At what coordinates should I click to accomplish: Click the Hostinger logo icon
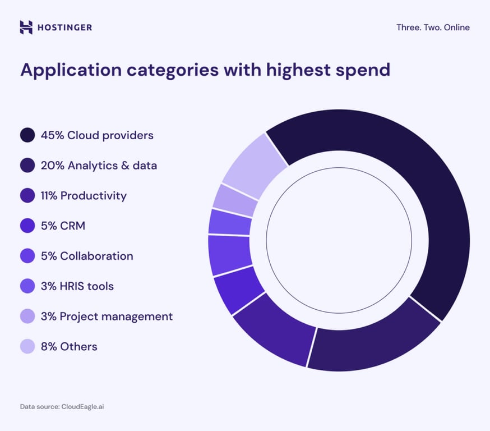click(x=26, y=27)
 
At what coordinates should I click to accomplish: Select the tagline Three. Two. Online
click(x=433, y=27)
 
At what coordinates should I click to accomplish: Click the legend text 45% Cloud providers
click(x=97, y=135)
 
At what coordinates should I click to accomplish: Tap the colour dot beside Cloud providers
click(x=27, y=135)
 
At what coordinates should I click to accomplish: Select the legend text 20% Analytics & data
click(x=99, y=166)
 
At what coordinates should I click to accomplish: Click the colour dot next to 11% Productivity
click(x=27, y=196)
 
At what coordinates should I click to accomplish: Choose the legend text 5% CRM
click(x=63, y=226)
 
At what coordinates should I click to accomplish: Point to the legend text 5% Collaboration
click(x=87, y=256)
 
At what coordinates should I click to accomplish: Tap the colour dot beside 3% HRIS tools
click(x=27, y=286)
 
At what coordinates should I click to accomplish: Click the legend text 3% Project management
click(x=107, y=317)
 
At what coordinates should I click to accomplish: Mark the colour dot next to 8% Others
click(x=27, y=346)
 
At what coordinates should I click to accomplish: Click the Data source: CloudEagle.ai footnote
click(x=62, y=406)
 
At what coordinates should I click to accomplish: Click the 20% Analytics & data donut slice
click(x=370, y=342)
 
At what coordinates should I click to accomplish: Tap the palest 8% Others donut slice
click(x=255, y=163)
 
